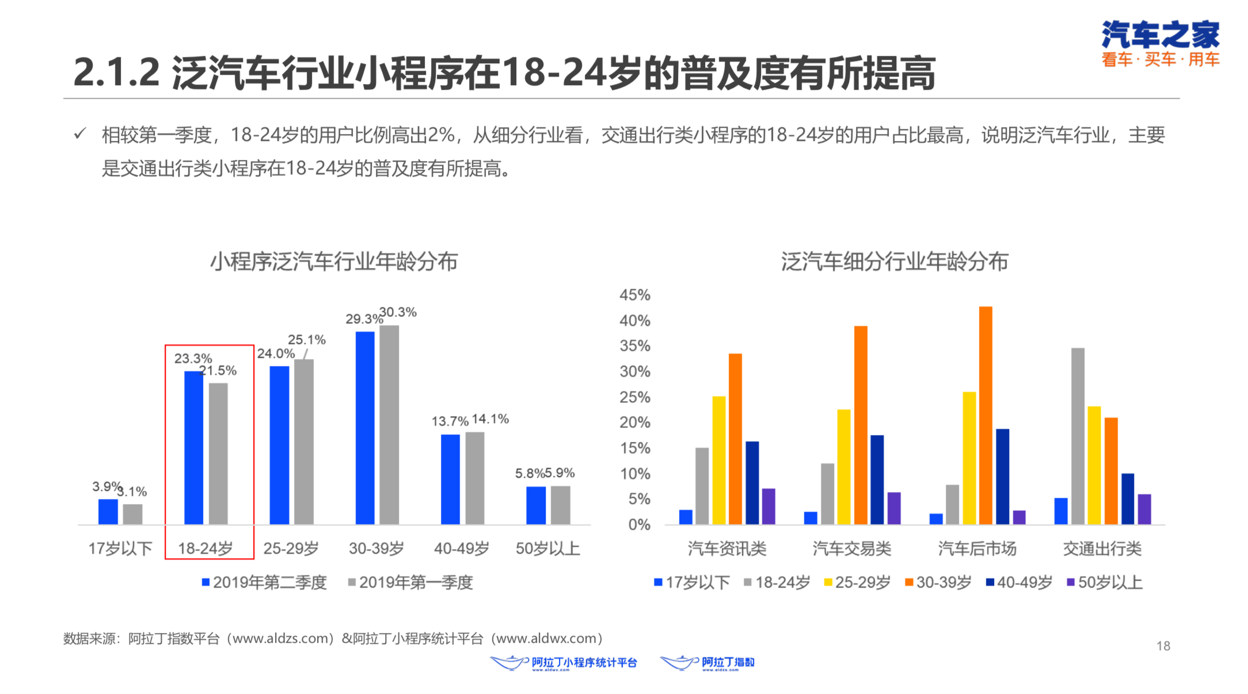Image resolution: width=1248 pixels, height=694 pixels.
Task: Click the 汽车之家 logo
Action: point(1160,43)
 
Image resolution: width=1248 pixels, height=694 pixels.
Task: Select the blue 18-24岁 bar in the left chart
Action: point(193,448)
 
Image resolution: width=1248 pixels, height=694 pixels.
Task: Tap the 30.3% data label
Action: point(398,312)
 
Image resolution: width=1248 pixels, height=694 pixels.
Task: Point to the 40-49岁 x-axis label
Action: point(462,548)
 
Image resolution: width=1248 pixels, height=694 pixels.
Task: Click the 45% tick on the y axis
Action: point(634,295)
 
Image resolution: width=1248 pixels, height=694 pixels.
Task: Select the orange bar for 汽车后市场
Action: point(986,415)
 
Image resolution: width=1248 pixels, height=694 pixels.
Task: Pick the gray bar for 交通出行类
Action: point(1078,436)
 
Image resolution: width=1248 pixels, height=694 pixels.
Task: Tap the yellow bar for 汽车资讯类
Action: point(719,460)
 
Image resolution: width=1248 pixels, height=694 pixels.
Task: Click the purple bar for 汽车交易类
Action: point(894,508)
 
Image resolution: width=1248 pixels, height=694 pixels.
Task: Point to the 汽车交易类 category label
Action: point(852,548)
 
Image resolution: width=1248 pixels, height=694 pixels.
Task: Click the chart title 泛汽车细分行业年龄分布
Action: point(895,262)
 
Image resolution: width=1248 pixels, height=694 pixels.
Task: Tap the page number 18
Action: point(1163,646)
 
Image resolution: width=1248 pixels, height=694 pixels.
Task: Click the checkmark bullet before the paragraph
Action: point(80,134)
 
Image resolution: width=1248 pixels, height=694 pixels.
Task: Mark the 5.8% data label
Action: point(529,473)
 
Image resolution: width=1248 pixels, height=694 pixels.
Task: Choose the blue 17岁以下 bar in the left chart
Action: point(108,512)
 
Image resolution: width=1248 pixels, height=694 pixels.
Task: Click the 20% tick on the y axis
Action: point(634,422)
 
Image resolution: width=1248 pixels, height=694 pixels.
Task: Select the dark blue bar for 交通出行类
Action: point(1127,499)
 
